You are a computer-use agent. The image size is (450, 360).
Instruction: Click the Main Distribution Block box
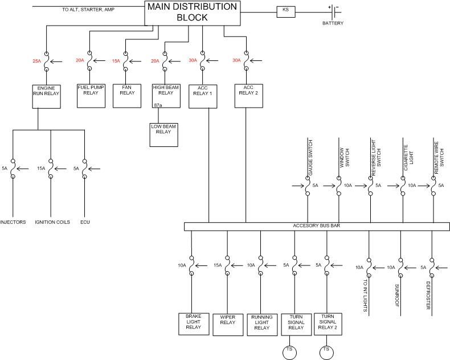tap(192, 13)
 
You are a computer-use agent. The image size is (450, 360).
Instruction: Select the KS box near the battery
tap(286, 11)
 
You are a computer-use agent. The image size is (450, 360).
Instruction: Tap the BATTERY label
tap(333, 23)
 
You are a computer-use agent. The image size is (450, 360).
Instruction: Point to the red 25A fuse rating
tap(36, 60)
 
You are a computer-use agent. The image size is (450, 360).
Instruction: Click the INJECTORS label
tap(13, 222)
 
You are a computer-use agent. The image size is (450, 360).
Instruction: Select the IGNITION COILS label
tap(52, 222)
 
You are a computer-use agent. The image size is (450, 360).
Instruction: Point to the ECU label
tap(85, 222)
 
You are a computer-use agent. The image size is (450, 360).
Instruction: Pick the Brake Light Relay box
tap(193, 322)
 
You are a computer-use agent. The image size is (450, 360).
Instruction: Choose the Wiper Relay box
tap(227, 322)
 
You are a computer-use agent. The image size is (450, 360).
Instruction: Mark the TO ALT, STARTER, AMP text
tap(88, 10)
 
